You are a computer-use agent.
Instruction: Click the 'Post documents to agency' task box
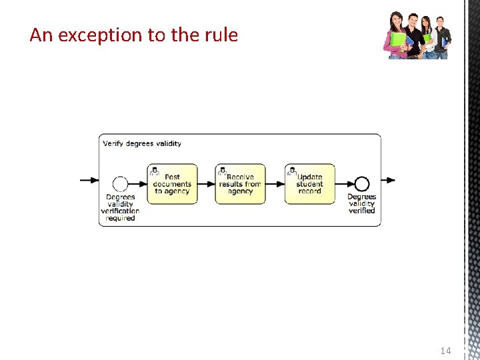[x=173, y=184]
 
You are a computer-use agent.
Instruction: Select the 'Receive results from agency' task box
[x=240, y=184]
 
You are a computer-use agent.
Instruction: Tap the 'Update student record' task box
[x=310, y=184]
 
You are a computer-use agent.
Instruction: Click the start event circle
[x=120, y=184]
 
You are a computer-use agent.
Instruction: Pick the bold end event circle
[x=361, y=184]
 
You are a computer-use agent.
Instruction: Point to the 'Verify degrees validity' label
[x=142, y=143]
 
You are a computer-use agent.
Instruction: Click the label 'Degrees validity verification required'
[x=120, y=207]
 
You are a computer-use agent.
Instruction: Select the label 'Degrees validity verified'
[x=361, y=203]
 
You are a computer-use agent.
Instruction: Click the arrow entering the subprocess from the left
[x=89, y=180]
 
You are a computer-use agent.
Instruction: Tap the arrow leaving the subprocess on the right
[x=388, y=180]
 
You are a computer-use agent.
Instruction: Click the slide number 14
[x=445, y=351]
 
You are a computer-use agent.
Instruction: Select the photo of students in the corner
[x=418, y=35]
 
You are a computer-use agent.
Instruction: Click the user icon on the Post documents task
[x=155, y=171]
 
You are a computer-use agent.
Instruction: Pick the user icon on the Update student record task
[x=291, y=171]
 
